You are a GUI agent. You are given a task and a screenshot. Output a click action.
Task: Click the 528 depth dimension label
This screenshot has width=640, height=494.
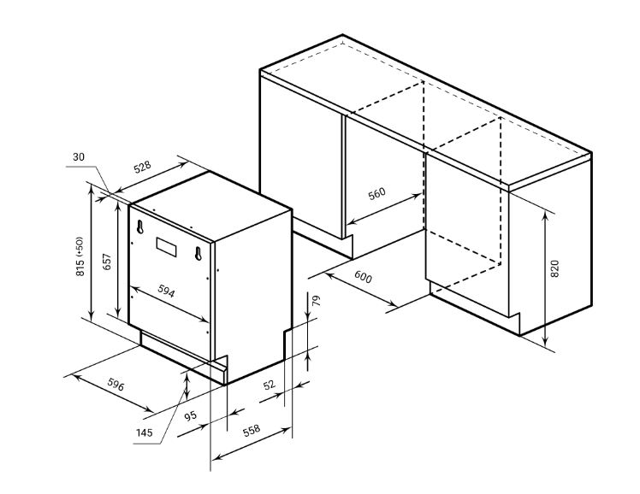[x=142, y=167]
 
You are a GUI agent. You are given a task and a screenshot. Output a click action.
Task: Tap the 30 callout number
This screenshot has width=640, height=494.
[x=79, y=157]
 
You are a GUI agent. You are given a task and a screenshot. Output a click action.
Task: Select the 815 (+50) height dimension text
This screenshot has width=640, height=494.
[x=80, y=256]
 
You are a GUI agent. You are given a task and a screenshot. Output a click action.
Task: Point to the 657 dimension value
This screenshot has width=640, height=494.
[x=107, y=262]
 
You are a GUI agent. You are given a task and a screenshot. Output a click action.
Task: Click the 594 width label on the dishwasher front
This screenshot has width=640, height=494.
[x=166, y=291]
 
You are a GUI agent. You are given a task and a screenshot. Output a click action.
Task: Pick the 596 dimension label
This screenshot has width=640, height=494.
[x=116, y=385]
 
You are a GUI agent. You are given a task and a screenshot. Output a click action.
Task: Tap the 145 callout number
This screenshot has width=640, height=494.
[x=144, y=432]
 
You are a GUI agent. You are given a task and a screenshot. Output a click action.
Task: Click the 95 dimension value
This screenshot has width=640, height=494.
[x=191, y=416]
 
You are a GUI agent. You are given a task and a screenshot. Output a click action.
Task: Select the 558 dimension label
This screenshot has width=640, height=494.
[x=252, y=431]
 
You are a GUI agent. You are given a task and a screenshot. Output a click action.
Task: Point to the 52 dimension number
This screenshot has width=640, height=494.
[x=270, y=385]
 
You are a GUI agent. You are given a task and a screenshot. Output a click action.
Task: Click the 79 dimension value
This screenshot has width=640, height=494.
[x=317, y=301]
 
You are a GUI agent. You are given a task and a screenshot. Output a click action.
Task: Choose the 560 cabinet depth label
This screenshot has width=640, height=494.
[x=376, y=194]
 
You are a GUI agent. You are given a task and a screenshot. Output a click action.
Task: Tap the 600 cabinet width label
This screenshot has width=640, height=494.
[x=363, y=277]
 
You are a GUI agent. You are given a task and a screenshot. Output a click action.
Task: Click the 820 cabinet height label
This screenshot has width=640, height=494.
[x=555, y=269]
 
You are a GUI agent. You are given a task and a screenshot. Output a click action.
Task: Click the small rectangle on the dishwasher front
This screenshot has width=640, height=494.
[x=167, y=246]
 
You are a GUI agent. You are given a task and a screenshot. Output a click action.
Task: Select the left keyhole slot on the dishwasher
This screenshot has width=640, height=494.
[x=140, y=227]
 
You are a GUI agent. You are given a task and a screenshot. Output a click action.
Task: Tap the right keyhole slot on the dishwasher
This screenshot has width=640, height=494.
[x=199, y=254]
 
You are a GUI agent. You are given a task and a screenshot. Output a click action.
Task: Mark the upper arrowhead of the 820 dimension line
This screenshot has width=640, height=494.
[x=545, y=215]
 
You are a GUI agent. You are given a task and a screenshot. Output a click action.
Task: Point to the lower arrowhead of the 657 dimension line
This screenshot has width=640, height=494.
[x=118, y=313]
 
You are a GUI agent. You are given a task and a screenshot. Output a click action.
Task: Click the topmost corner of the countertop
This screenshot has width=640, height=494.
[x=342, y=35]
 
